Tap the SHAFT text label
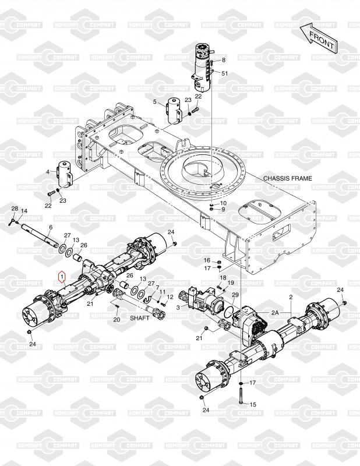139,318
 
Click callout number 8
223,61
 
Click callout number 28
14,209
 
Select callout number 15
253,404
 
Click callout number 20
117,320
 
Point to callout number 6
51,227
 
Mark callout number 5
155,103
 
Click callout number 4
48,172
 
